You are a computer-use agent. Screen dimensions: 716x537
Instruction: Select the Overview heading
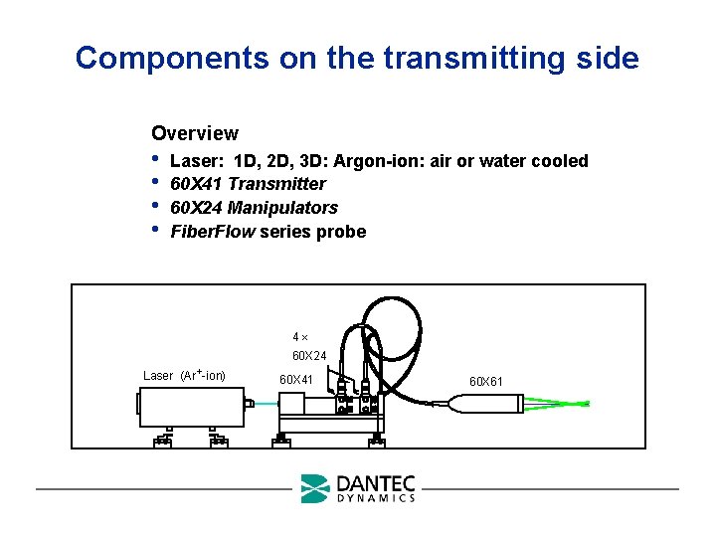[194, 133]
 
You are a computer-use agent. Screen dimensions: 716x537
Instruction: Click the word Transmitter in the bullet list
[276, 184]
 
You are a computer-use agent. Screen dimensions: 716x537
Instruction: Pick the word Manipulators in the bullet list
[282, 208]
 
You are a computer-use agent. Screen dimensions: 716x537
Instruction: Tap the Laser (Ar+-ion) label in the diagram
[184, 375]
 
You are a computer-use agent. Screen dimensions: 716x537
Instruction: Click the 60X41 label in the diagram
[296, 379]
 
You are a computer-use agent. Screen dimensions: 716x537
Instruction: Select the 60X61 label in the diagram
[486, 381]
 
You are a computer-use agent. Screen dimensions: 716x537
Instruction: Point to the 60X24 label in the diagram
[309, 355]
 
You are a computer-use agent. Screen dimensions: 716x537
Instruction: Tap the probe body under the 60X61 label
[487, 403]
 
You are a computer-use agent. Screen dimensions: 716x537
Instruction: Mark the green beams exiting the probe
[557, 404]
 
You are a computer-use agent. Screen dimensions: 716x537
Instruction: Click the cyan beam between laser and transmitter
[266, 404]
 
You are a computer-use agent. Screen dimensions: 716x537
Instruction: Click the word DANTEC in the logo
[376, 483]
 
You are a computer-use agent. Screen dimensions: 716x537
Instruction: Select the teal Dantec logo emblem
[314, 488]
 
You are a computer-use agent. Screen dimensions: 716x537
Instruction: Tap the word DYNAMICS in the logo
[376, 497]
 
